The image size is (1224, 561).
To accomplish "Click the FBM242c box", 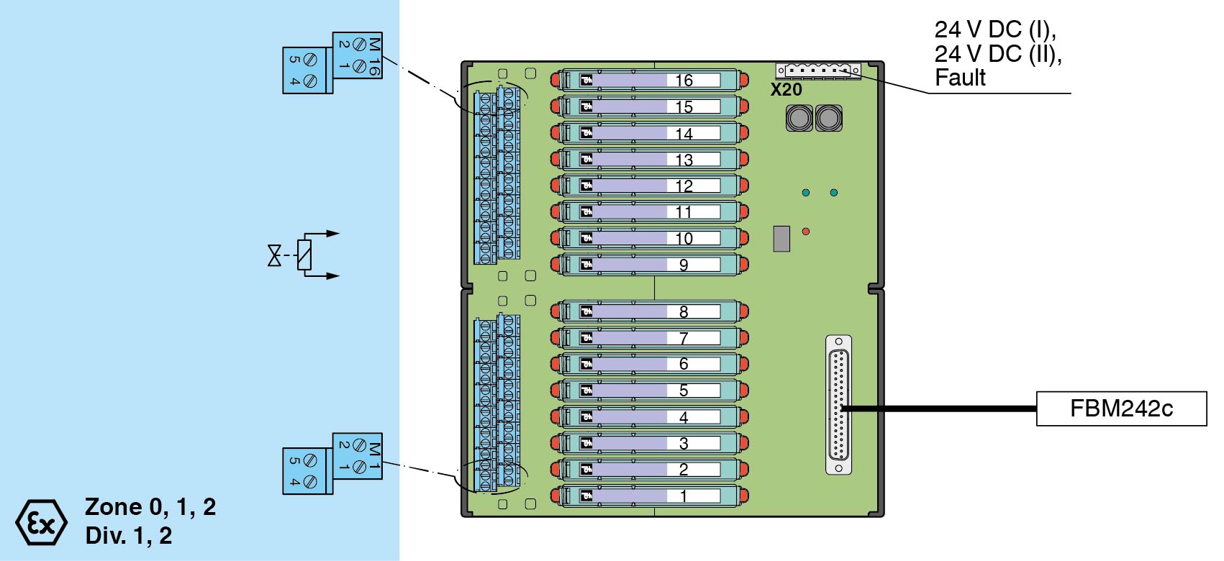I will point(1120,409).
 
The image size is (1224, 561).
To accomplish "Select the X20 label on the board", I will point(786,90).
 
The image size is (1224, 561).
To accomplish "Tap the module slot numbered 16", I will point(649,80).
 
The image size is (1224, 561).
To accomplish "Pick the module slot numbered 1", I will point(649,496).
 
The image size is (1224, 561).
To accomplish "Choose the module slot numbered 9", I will point(649,265).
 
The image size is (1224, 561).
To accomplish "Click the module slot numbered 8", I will point(649,311).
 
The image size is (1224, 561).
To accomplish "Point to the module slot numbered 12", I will point(649,186).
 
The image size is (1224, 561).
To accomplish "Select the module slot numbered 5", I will point(649,391).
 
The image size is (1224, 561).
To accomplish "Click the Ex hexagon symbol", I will point(41,522).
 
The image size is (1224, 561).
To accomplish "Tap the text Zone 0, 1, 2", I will point(150,507).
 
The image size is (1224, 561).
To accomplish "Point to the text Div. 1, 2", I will point(128,536).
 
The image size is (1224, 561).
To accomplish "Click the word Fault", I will point(960,78).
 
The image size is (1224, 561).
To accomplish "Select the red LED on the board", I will point(806,232).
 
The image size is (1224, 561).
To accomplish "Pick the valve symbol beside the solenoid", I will point(274,255).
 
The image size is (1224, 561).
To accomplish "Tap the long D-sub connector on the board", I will point(838,405).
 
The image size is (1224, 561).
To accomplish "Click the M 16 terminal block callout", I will point(332,63).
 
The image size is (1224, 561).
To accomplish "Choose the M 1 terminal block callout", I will point(332,463).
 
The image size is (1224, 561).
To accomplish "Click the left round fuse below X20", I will point(799,118).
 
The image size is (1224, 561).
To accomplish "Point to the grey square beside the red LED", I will point(781,239).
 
